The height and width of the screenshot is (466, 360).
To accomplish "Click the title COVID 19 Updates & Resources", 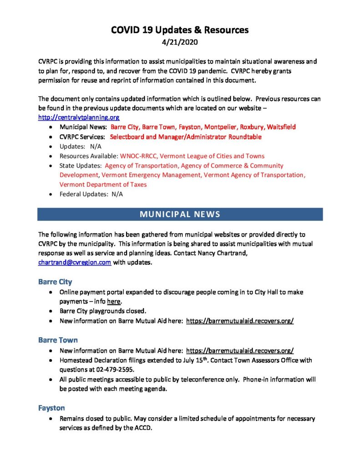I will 180,30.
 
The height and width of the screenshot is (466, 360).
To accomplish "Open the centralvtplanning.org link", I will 79,117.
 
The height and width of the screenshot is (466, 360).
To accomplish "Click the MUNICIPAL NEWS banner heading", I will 180,214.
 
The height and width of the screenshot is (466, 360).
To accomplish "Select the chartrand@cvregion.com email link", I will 75,263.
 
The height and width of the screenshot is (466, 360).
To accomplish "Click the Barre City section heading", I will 55,282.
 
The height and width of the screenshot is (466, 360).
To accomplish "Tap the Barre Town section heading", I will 58,340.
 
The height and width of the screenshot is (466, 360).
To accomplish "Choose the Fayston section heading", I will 51,408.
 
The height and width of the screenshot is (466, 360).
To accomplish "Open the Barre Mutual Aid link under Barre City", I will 240,321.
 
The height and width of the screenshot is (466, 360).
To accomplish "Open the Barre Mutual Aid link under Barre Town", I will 240,350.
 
